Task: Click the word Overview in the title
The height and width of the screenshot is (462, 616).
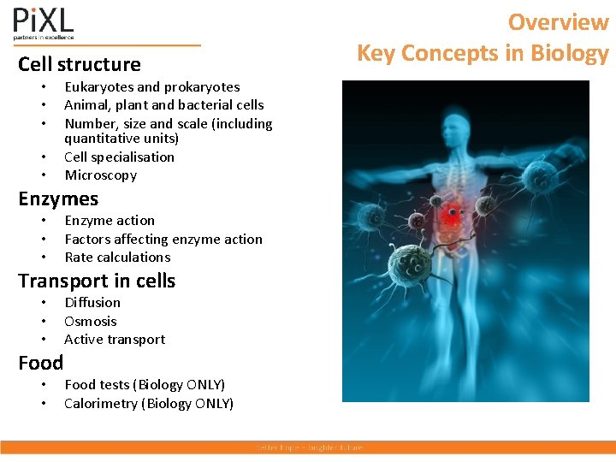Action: pyautogui.click(x=558, y=21)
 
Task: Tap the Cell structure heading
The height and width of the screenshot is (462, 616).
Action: pyautogui.click(x=80, y=64)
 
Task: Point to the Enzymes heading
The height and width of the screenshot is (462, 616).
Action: pyautogui.click(x=58, y=198)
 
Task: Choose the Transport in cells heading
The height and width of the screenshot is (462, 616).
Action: pyautogui.click(x=97, y=281)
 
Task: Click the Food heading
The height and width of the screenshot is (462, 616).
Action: pyautogui.click(x=41, y=363)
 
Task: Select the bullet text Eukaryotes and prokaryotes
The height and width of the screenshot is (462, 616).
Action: pyautogui.click(x=151, y=86)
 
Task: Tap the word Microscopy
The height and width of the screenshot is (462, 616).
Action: pyautogui.click(x=100, y=175)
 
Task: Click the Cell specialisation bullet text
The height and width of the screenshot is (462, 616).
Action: pyautogui.click(x=119, y=157)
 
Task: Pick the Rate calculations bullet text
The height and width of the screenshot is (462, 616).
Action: pyautogui.click(x=117, y=257)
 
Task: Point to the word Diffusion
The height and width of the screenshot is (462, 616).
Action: pyautogui.click(x=92, y=302)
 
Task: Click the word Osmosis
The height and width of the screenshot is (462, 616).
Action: pyautogui.click(x=91, y=321)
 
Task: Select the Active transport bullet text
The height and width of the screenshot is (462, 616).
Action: pyautogui.click(x=115, y=339)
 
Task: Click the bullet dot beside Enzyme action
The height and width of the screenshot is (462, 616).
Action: pyautogui.click(x=43, y=221)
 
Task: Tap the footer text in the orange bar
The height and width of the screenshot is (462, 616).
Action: pyautogui.click(x=309, y=447)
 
